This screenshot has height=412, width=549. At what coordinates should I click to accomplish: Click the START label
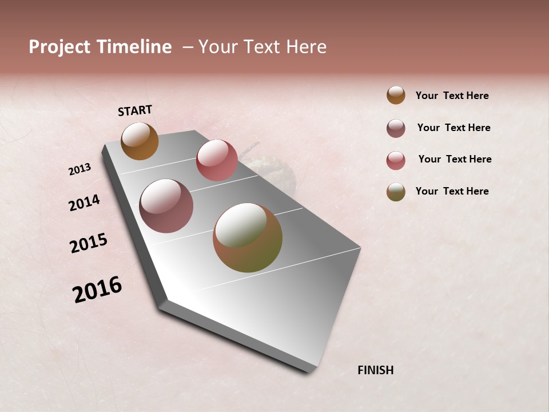tap(135, 110)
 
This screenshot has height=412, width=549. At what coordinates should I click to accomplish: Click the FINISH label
tap(375, 370)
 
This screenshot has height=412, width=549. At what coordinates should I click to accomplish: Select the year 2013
tap(80, 169)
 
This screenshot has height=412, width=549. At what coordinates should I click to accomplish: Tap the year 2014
tap(84, 203)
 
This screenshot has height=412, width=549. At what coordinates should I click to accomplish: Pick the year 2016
tap(97, 289)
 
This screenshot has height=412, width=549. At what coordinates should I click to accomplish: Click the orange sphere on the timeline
tap(140, 141)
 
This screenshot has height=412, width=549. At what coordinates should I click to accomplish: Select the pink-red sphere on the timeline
tap(217, 160)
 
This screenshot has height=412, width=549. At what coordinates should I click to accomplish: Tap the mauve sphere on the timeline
tap(166, 206)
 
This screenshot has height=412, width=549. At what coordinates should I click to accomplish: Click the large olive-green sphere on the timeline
tap(248, 237)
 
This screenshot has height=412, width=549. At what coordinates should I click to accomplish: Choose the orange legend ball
tap(396, 95)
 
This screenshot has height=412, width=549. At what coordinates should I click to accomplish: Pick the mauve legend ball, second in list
tap(396, 128)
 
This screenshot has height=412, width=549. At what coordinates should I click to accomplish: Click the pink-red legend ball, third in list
tap(396, 160)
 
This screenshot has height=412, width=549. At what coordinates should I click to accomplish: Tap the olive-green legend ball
tap(396, 192)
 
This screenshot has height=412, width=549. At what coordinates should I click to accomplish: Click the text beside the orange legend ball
tap(452, 96)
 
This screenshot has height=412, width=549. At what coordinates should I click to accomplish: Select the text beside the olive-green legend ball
tap(452, 191)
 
